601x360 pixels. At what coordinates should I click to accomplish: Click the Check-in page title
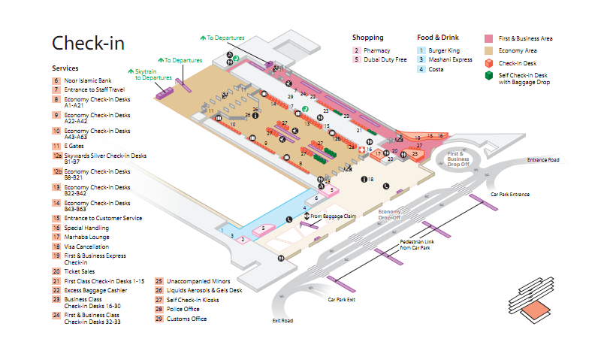[88, 43]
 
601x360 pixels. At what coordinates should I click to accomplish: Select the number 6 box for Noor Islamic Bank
[56, 80]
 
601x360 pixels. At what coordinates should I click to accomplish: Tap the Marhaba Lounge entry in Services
[86, 237]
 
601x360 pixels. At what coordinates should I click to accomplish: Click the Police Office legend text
[184, 308]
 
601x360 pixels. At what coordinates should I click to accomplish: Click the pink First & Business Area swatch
[488, 38]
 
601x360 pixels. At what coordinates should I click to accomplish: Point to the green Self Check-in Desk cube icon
[488, 76]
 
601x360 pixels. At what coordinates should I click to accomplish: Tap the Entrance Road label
[543, 160]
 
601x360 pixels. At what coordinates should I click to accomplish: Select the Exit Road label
[282, 321]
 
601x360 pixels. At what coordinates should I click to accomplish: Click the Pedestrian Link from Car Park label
[415, 244]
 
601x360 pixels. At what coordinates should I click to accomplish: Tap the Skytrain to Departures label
[153, 74]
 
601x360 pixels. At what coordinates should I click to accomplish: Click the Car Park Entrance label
[509, 195]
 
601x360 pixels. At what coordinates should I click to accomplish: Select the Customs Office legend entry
[186, 319]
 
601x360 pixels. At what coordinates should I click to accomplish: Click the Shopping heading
[368, 38]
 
